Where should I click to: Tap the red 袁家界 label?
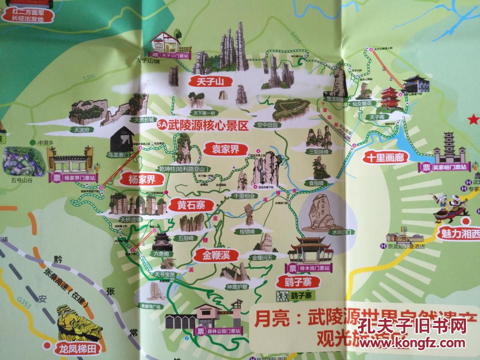pyautogui.click(x=223, y=150)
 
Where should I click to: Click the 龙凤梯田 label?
pyautogui.click(x=76, y=349)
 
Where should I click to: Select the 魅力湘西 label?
pyautogui.click(x=460, y=234)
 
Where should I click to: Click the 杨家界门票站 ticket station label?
pyautogui.click(x=74, y=178)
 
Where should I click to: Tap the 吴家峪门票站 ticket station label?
pyautogui.click(x=444, y=167)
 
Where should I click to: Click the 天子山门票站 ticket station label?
pyautogui.click(x=170, y=56)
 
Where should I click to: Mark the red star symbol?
pyautogui.click(x=474, y=120)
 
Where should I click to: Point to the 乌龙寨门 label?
pyautogui.click(x=120, y=153)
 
